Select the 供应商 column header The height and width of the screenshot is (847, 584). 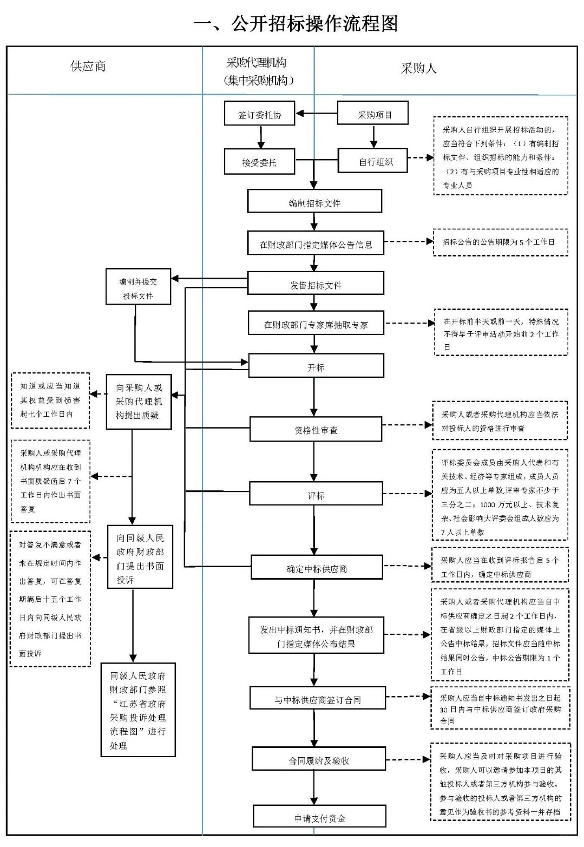point(88,67)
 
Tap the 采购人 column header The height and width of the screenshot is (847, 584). point(418,69)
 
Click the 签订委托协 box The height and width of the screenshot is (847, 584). point(260,114)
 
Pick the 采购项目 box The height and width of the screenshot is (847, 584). point(373,114)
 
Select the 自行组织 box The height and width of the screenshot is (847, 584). point(373,161)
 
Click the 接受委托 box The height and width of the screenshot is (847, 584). point(260,162)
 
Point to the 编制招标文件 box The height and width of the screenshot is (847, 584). point(314,202)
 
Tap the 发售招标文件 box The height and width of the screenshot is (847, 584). point(316,284)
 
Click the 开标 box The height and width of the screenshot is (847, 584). point(316,366)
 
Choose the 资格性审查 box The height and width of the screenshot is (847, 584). point(316,429)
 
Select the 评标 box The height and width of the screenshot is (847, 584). point(316,494)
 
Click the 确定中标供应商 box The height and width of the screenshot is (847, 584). point(317,568)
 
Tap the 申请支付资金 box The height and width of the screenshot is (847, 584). point(319,817)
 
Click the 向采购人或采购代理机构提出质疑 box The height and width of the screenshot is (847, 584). point(139,402)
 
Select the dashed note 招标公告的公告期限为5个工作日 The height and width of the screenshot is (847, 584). point(498,242)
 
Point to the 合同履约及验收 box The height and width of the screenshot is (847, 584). point(319,759)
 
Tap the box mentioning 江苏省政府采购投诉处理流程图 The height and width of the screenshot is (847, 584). point(138,710)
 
